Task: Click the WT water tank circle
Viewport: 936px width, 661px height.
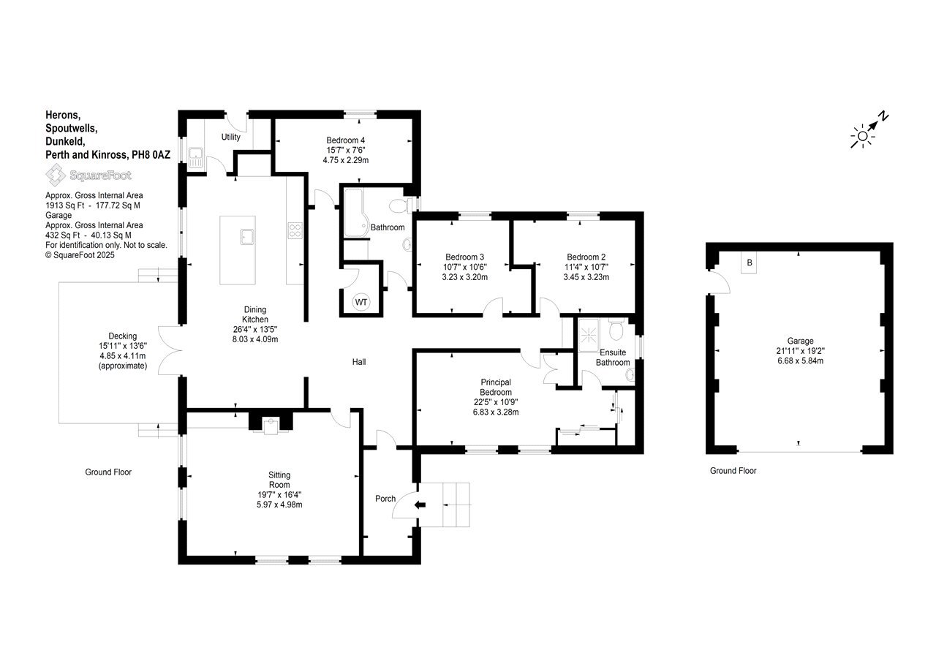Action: coord(361,302)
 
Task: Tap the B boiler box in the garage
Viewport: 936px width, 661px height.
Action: coord(749,262)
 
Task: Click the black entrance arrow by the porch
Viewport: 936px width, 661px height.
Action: coord(420,505)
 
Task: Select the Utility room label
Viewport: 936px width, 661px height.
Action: coord(230,137)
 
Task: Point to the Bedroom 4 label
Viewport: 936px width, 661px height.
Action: coord(346,140)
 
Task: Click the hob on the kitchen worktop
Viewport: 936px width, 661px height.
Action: coord(295,230)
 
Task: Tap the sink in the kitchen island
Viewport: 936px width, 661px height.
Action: coord(247,237)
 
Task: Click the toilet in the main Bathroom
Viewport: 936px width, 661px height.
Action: coord(400,205)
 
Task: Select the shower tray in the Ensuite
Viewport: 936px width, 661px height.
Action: coord(589,335)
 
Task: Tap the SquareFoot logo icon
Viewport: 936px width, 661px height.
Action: coord(56,175)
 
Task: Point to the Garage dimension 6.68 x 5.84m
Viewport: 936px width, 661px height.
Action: coord(800,360)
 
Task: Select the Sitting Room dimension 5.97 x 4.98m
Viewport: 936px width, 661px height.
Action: coord(279,505)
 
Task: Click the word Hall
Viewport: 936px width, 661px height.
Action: coord(359,362)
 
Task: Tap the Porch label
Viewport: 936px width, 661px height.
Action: coord(385,499)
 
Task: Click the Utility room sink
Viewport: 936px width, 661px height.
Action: coord(195,157)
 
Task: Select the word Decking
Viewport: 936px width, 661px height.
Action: coord(122,336)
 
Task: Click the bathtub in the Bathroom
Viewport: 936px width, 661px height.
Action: coord(355,213)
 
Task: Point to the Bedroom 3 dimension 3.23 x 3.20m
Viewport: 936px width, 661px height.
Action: coord(464,277)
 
